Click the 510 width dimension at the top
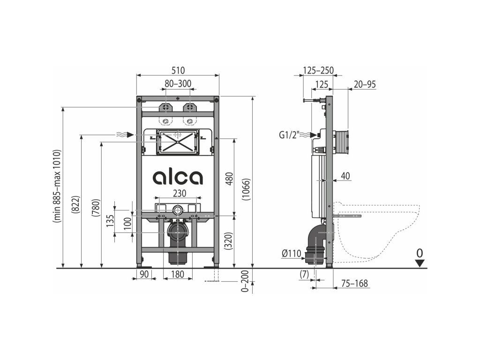coord(178,70)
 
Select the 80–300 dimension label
coord(178,83)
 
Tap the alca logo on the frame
coord(178,178)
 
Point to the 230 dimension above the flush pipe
coord(180,193)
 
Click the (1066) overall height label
coord(247,189)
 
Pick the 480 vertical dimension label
coord(230,179)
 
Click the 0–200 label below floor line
coord(245,282)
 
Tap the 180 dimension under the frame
coord(178,274)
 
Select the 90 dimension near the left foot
coord(144,274)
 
